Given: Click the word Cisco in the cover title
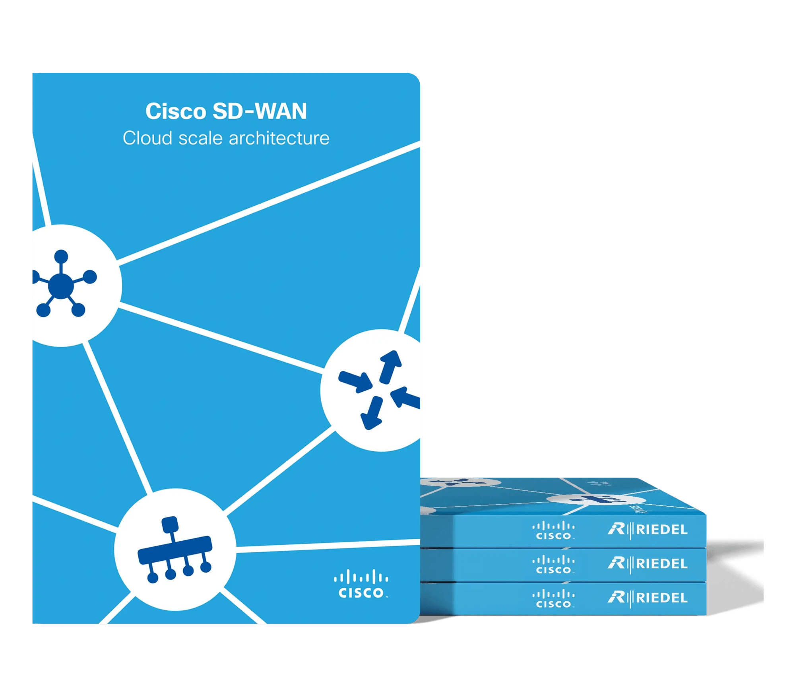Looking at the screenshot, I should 175,111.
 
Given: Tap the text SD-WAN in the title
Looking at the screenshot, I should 260,111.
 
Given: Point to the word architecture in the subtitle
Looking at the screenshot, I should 279,138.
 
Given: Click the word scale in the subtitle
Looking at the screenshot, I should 200,138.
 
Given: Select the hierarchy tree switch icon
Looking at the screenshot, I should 175,550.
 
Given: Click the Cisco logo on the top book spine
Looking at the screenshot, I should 553,530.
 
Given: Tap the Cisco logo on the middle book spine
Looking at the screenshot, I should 553,565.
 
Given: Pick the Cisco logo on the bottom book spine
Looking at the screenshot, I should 553,599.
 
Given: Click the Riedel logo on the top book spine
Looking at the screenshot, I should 648,530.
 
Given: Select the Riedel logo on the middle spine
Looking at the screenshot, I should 648,564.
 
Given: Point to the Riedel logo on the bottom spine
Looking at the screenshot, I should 648,598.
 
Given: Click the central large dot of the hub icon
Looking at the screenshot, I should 60,285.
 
